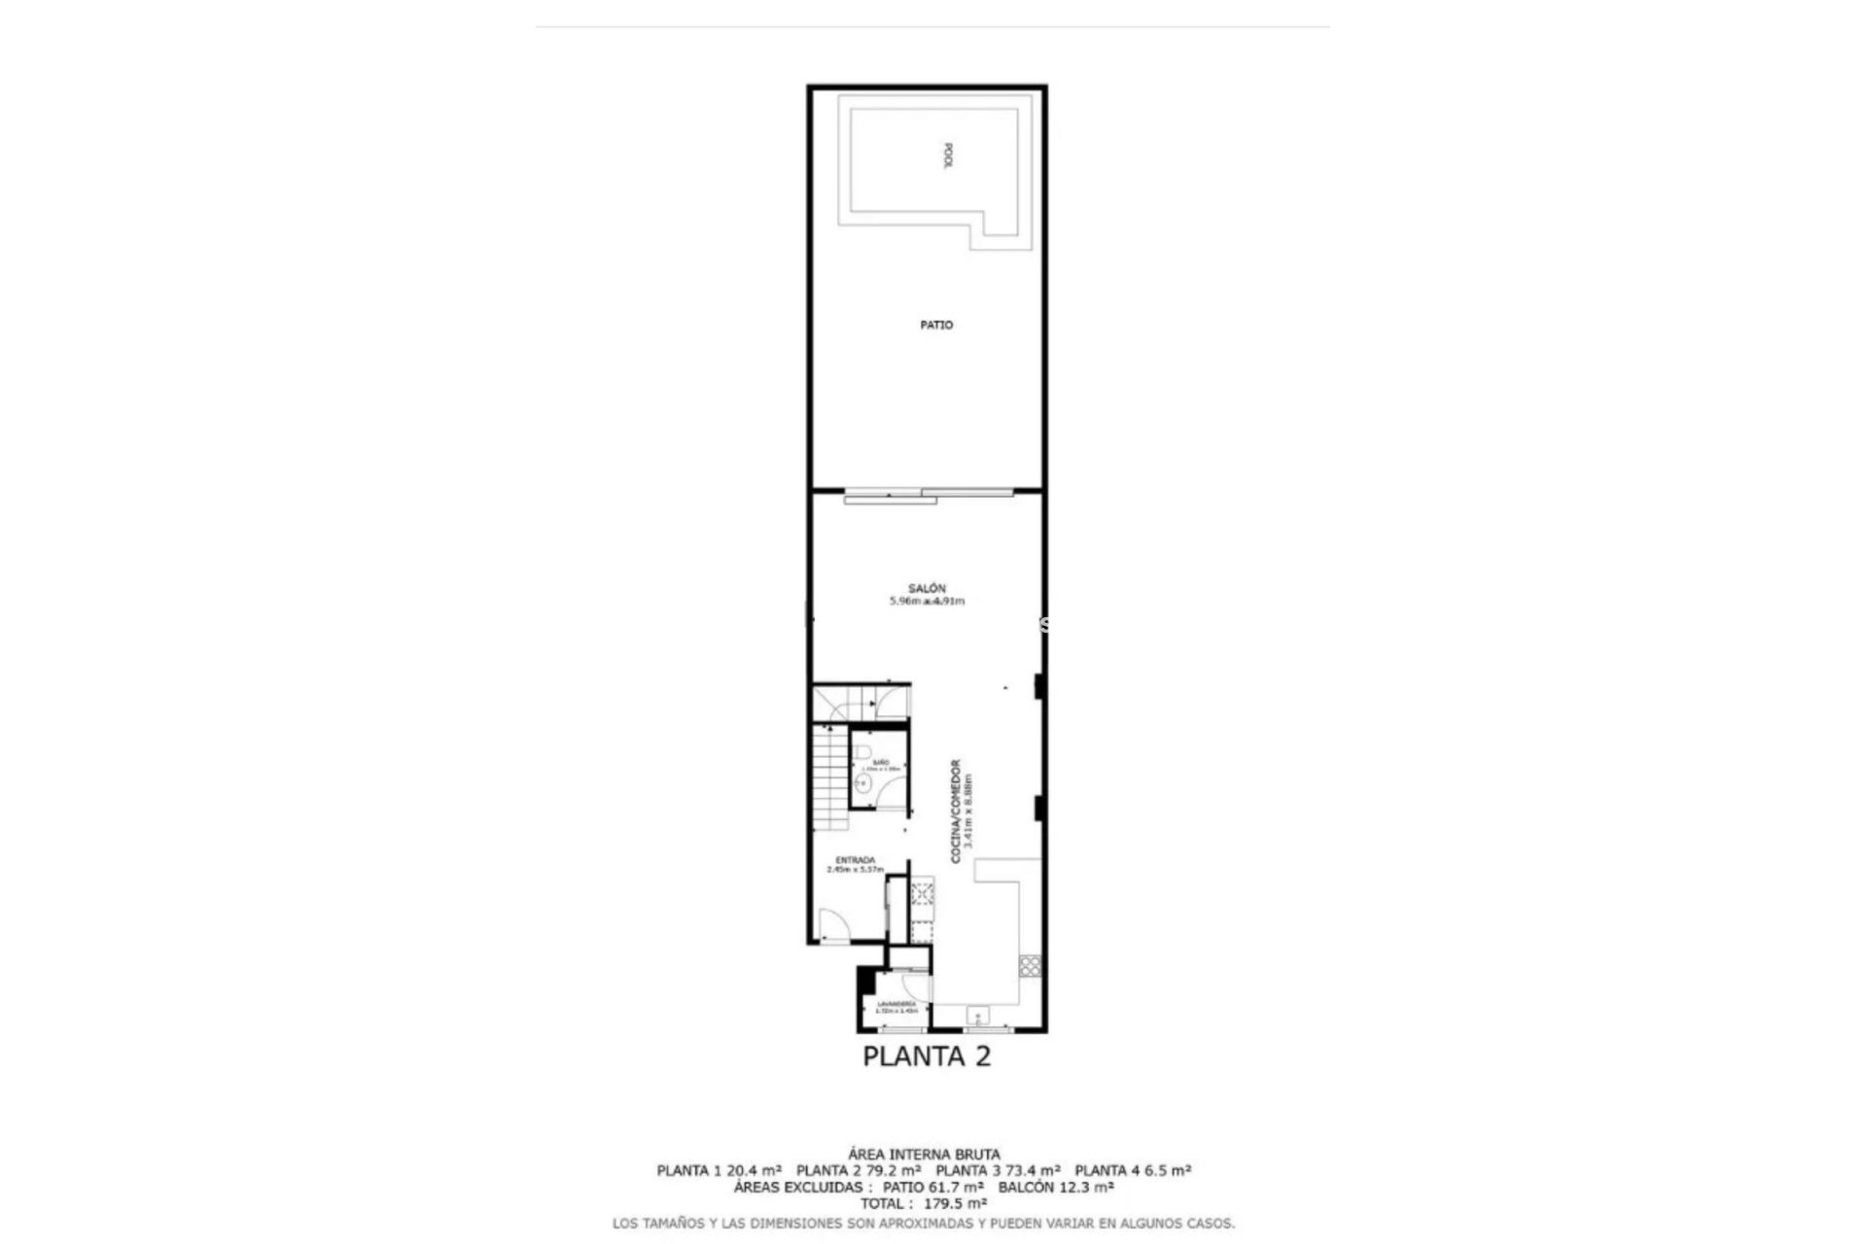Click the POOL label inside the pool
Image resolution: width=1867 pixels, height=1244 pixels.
pos(948,157)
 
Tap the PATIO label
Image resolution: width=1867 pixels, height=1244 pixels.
pos(936,325)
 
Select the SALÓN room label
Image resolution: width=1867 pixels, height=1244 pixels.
pos(927,588)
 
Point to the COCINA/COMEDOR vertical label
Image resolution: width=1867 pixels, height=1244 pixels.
pos(956,811)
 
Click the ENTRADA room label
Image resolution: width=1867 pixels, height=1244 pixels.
pos(856,860)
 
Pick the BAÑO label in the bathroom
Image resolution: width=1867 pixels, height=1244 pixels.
pos(881,762)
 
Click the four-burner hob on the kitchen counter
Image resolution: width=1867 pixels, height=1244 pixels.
pos(1029,965)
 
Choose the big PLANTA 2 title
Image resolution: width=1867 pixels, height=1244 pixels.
pos(927,1056)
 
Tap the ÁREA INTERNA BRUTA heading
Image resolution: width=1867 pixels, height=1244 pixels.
pos(923,1155)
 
